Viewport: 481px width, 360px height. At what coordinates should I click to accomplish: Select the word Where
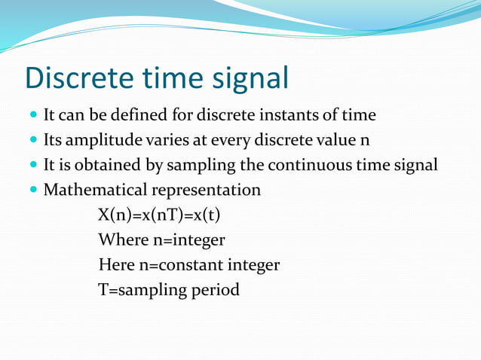pyautogui.click(x=121, y=240)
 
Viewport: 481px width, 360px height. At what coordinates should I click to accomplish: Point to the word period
pyautogui.click(x=216, y=290)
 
